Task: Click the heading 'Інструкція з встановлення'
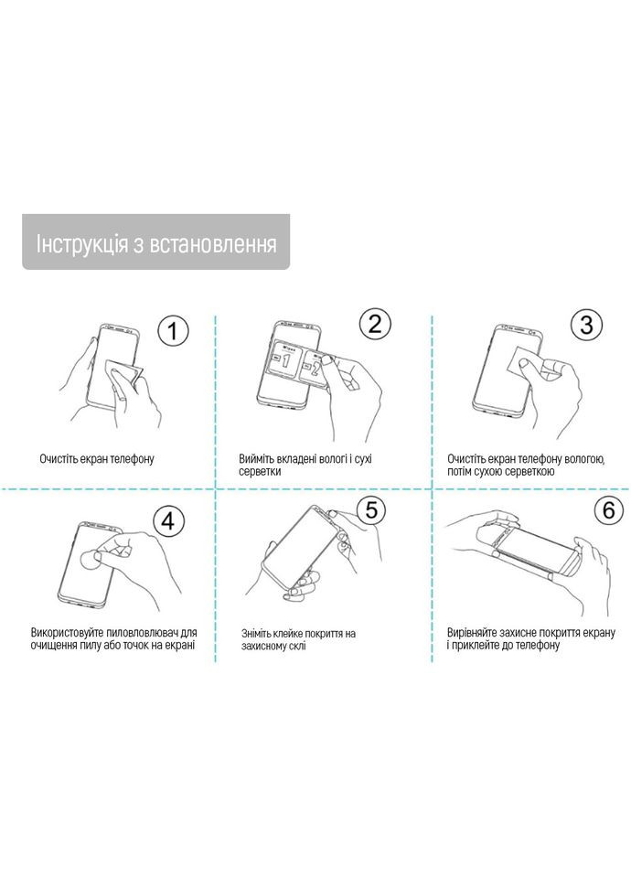click(155, 244)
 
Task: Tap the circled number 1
click(173, 330)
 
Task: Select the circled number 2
click(374, 323)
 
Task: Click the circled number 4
click(166, 520)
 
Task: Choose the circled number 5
click(370, 510)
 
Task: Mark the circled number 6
click(608, 510)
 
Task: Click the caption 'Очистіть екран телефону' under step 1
click(97, 458)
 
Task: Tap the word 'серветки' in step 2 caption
click(262, 472)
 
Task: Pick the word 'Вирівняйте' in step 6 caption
click(474, 632)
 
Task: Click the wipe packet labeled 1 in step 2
click(284, 362)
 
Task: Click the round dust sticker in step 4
click(94, 559)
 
